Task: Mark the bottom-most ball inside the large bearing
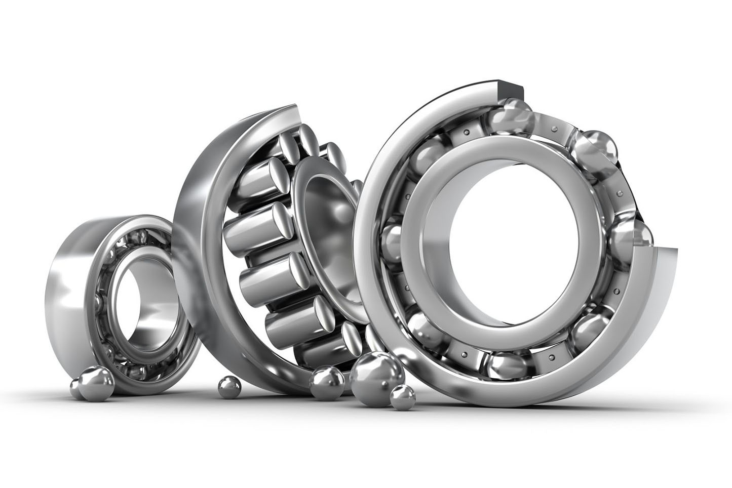click(502, 367)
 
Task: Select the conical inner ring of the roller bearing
click(324, 202)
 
